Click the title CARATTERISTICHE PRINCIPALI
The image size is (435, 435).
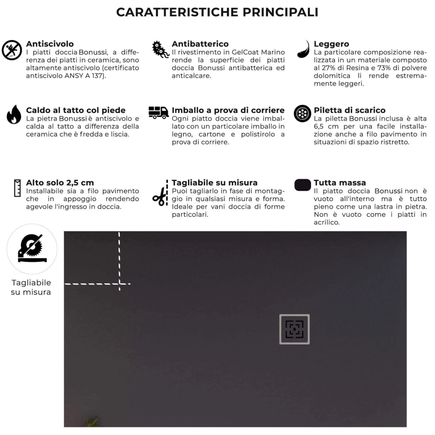(x=217, y=12)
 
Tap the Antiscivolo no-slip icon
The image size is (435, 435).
(x=12, y=50)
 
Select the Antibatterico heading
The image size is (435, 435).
(x=200, y=44)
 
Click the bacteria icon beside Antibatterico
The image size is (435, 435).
(x=161, y=50)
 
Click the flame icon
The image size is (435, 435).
(x=14, y=114)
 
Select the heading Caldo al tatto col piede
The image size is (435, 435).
(x=76, y=110)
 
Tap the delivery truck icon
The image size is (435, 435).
(x=158, y=113)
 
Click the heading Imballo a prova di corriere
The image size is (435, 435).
(x=228, y=110)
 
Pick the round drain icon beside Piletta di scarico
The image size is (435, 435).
(x=302, y=113)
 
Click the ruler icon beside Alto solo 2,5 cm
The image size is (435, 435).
(x=17, y=188)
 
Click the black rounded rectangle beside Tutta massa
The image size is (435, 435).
(x=302, y=185)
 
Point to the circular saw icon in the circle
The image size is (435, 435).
(x=32, y=249)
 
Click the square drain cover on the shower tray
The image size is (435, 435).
(x=294, y=329)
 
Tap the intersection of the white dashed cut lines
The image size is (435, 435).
(x=119, y=283)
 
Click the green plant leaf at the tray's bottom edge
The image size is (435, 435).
(x=92, y=422)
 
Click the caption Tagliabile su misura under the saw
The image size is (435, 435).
(x=31, y=288)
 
